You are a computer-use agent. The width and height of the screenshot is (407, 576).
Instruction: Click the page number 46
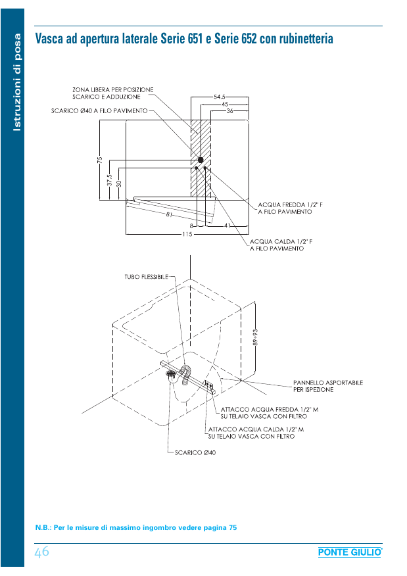[x=41, y=552]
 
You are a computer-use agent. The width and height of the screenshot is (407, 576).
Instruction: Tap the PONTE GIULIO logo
[x=349, y=553]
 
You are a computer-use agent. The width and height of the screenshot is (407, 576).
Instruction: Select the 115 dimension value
[x=187, y=233]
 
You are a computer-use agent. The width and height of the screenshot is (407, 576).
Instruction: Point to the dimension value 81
[x=170, y=214]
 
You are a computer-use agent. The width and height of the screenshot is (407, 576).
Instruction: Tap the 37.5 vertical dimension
[x=109, y=180]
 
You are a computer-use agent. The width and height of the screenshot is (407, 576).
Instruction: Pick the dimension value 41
[x=227, y=226]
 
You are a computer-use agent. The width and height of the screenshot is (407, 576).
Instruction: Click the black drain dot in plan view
[x=201, y=160]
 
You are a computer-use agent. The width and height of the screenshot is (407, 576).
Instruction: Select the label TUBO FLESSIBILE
[x=147, y=277]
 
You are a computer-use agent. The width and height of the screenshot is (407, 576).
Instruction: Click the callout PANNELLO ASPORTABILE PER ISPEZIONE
[x=327, y=385]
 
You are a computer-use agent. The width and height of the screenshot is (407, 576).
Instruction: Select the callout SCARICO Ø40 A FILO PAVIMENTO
[x=100, y=110]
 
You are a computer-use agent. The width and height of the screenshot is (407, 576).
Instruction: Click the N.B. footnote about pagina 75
[x=135, y=527]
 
